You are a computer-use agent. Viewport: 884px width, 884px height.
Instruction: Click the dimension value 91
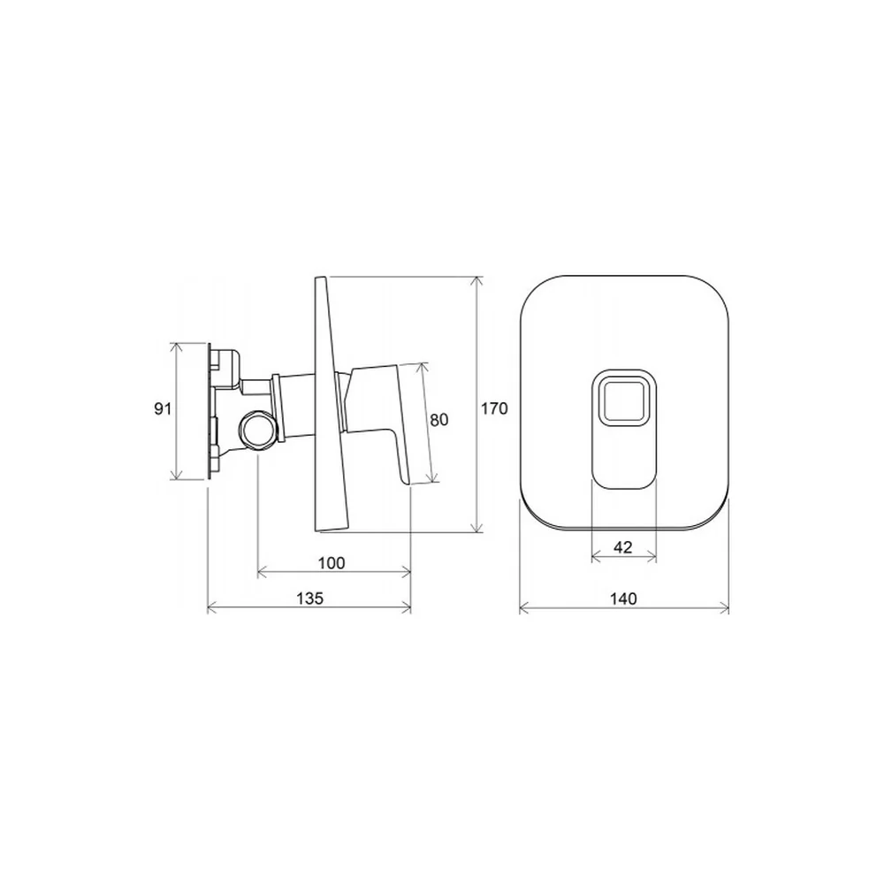[x=163, y=408]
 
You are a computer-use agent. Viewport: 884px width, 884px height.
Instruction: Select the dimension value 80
[x=439, y=420]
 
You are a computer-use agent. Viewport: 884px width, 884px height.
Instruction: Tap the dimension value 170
[x=494, y=408]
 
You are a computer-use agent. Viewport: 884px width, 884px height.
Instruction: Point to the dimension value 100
[x=331, y=562]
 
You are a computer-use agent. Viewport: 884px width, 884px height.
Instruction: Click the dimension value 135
[x=310, y=598]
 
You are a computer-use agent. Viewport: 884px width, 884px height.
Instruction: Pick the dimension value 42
[x=622, y=547]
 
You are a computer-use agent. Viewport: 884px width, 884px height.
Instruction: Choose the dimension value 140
[x=623, y=598]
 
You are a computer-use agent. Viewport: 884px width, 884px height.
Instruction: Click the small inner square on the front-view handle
[x=623, y=400]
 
